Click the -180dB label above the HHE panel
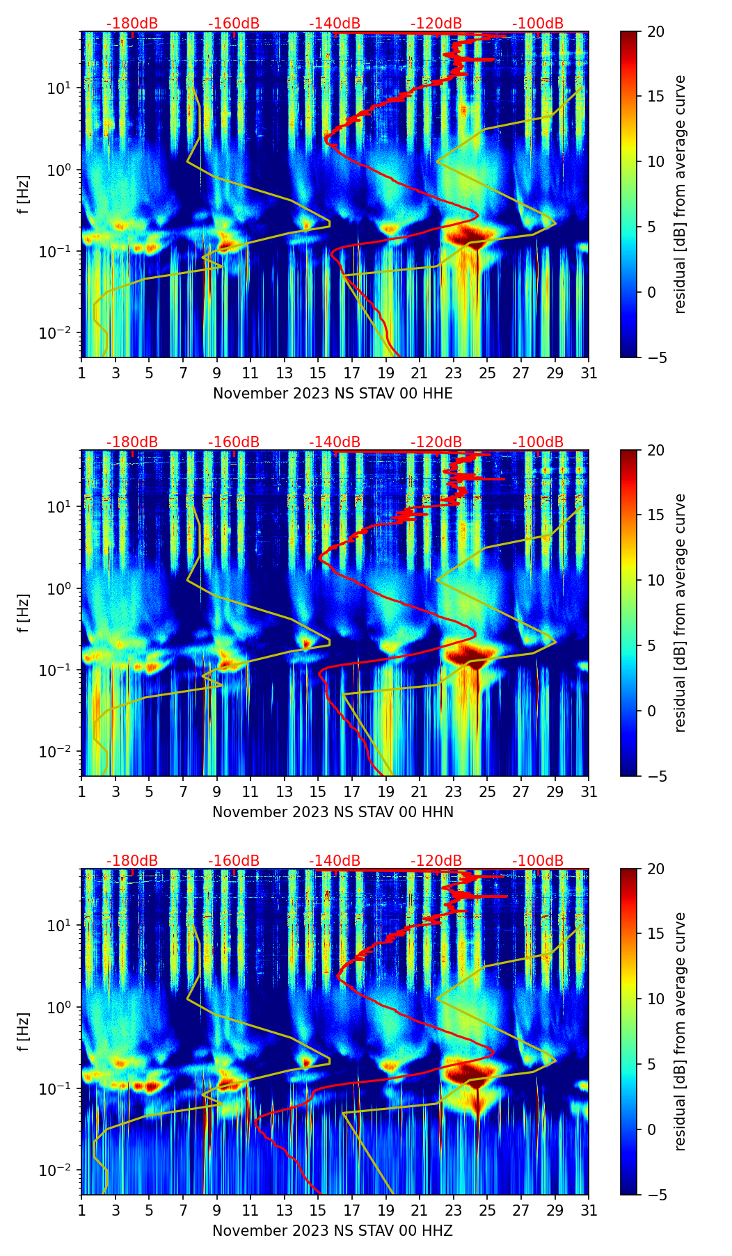coord(132,24)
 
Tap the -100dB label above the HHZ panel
coord(538,861)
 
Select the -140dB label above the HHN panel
coord(335,442)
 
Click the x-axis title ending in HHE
coord(333,394)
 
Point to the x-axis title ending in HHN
coord(333,812)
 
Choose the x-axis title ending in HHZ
coord(333,1231)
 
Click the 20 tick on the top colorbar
coord(655,32)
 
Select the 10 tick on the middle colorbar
coord(655,580)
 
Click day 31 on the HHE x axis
coord(589,373)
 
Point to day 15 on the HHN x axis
coord(318,792)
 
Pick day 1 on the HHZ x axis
coord(82,1211)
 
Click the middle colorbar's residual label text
coord(681,613)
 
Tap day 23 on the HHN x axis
coord(454,792)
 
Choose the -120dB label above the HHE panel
coord(436,24)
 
